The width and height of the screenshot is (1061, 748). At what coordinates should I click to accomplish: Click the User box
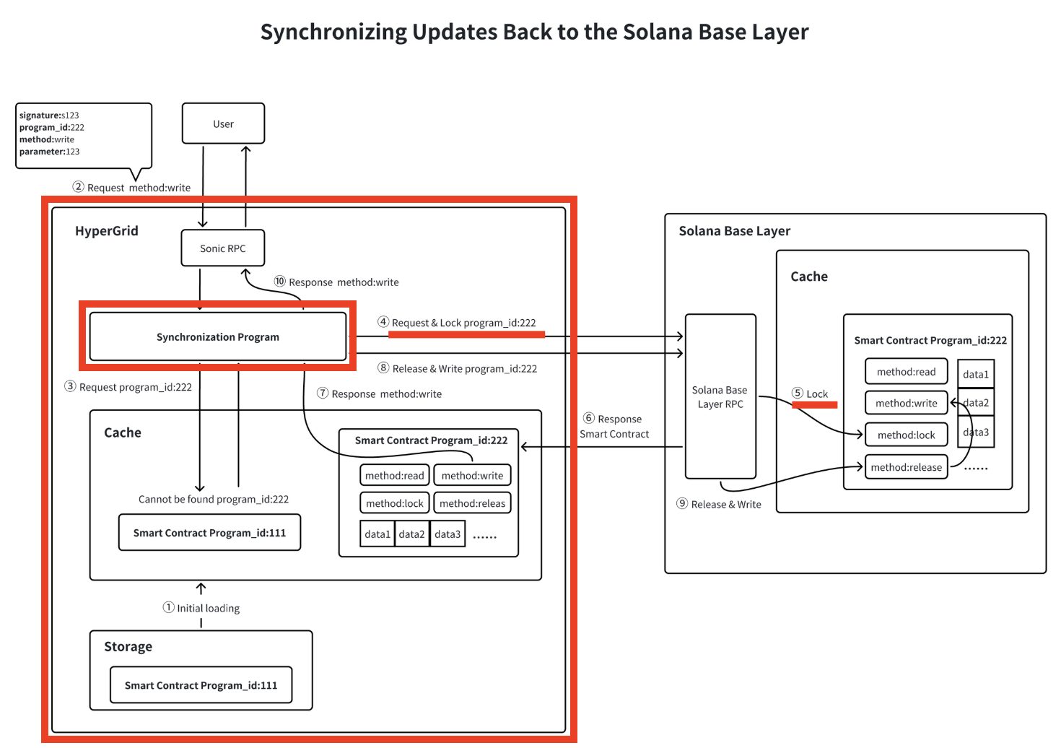click(223, 123)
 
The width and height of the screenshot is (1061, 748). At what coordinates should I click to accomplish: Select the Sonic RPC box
click(223, 248)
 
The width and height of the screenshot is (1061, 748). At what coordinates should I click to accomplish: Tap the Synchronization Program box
click(217, 336)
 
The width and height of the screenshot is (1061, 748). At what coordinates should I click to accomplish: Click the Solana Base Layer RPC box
click(720, 396)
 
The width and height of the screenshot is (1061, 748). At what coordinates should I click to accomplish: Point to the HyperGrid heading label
click(107, 231)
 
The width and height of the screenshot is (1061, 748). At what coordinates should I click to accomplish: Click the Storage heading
click(128, 647)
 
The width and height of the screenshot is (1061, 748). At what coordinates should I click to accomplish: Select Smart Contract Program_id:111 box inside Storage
click(201, 685)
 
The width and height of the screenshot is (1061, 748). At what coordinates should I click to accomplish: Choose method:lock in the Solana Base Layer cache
click(906, 435)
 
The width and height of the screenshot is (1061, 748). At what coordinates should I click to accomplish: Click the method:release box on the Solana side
click(906, 467)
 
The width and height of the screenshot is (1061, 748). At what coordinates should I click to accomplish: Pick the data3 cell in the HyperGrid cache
click(447, 534)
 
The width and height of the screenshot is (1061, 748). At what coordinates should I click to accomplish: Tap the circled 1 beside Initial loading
click(169, 607)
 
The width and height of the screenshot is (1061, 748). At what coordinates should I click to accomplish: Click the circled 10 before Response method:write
click(280, 281)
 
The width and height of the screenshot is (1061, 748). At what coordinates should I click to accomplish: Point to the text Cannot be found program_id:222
click(214, 499)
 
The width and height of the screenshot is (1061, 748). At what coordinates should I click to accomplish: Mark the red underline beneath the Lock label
click(814, 405)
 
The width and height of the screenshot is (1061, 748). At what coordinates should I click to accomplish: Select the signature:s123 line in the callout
click(49, 116)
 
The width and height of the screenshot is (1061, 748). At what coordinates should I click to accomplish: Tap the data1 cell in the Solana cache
click(976, 374)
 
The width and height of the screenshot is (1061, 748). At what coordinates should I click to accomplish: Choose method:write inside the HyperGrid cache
click(472, 476)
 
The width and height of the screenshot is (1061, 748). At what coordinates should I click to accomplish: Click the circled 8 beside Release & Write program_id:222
click(384, 368)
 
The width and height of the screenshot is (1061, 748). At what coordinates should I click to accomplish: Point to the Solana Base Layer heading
click(734, 231)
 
